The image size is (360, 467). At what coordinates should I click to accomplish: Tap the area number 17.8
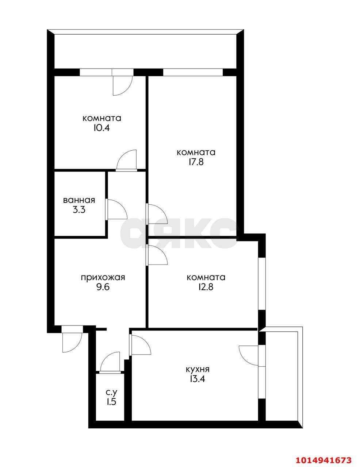point(196,162)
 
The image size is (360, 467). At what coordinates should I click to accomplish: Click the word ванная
point(79,200)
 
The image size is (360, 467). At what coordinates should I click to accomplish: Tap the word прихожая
point(103,278)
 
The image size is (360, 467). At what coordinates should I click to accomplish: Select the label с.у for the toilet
point(111,393)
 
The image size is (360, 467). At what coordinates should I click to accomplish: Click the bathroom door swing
point(116,209)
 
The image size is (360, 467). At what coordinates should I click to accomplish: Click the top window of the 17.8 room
point(192,72)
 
